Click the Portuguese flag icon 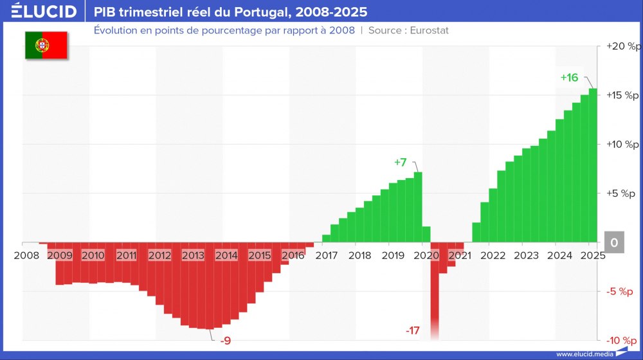click(46, 45)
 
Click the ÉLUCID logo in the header click(43, 12)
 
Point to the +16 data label click(569, 78)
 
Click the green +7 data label click(400, 162)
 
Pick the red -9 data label click(225, 341)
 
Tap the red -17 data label click(412, 331)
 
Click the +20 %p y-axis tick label click(624, 47)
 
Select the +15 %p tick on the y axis click(624, 96)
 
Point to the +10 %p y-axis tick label click(624, 145)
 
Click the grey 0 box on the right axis click(614, 242)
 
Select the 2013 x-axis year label click(194, 255)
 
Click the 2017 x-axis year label click(327, 255)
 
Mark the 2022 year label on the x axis click(493, 255)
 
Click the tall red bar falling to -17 click(435, 289)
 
